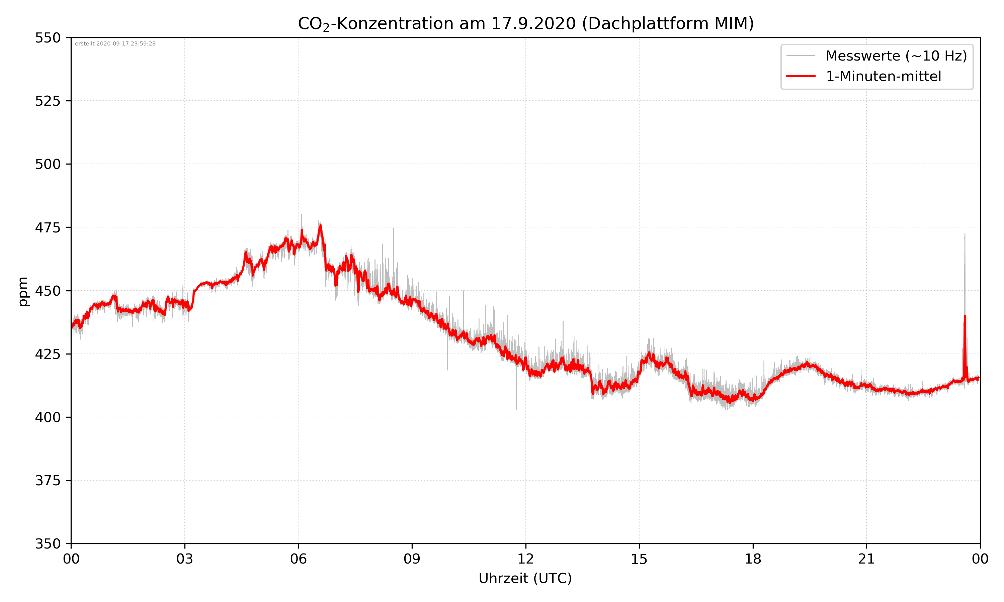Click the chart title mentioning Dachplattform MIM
click(525, 23)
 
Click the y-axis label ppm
click(23, 291)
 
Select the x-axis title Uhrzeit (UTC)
click(525, 578)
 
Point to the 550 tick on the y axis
click(48, 38)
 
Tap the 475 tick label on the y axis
click(48, 227)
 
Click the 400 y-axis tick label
click(48, 417)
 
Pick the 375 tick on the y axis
click(48, 480)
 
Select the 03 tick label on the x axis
click(185, 559)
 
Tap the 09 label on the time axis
click(412, 559)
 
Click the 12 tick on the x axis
click(525, 559)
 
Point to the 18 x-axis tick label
click(753, 559)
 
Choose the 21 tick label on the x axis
click(866, 559)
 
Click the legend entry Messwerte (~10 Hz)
click(896, 56)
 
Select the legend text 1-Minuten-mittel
click(883, 76)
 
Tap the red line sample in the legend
click(800, 76)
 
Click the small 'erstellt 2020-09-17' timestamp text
click(115, 44)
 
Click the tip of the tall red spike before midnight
click(965, 316)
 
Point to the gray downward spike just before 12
click(516, 408)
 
